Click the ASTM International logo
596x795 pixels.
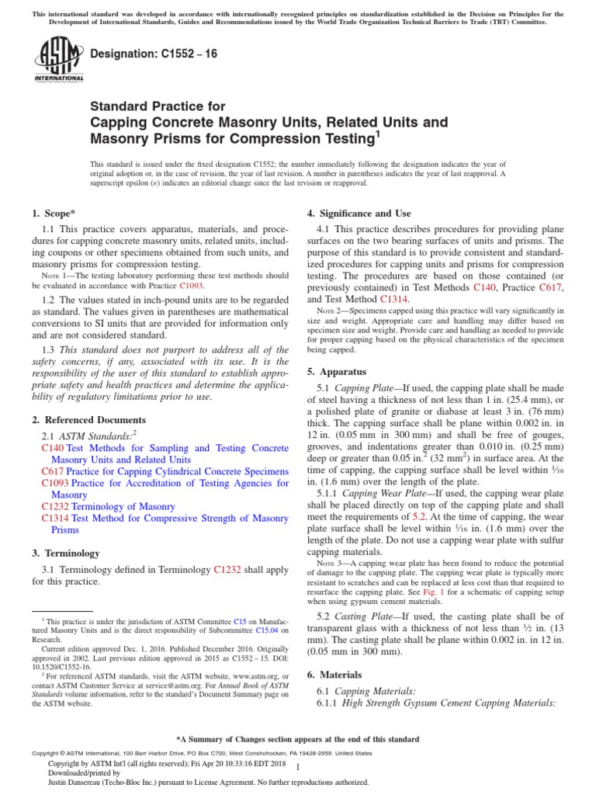click(x=59, y=61)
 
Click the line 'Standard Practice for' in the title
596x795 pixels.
click(x=158, y=106)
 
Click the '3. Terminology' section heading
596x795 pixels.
click(x=65, y=553)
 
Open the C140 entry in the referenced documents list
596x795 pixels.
click(x=53, y=448)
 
